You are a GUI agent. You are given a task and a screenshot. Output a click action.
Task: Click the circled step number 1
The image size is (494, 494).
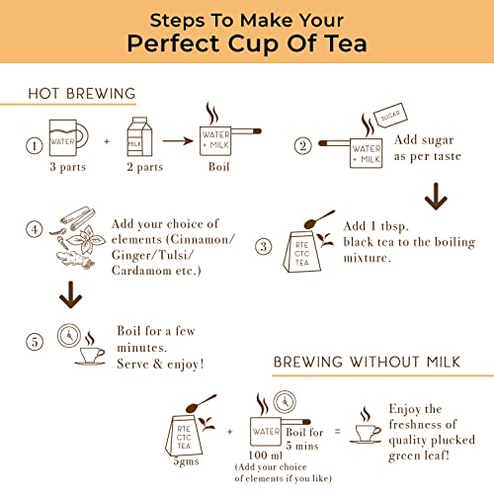click(35, 145)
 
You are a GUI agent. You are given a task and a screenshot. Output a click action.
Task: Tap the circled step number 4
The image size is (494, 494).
click(35, 229)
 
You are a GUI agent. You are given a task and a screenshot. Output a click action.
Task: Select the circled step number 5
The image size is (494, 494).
click(35, 342)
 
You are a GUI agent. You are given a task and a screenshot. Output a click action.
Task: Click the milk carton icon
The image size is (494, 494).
click(139, 136)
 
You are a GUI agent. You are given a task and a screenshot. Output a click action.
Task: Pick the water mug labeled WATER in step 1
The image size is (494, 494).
click(68, 137)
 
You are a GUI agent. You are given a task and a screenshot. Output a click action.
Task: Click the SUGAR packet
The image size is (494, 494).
click(390, 116)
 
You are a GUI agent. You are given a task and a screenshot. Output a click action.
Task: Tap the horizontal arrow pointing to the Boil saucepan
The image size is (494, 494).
click(178, 141)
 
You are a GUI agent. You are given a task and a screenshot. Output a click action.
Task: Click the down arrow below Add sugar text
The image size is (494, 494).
click(436, 197)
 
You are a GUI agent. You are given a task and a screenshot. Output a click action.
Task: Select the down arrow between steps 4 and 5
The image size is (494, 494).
click(70, 294)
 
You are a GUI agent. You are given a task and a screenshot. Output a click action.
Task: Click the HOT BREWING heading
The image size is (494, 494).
click(82, 94)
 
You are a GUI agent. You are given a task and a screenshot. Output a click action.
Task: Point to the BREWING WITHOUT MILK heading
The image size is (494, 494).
click(367, 362)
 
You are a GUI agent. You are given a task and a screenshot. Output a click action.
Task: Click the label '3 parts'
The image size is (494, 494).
click(68, 167)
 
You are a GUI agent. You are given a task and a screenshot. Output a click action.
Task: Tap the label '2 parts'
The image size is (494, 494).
click(145, 167)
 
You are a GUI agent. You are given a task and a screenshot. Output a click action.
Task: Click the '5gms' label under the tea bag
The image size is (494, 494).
click(187, 461)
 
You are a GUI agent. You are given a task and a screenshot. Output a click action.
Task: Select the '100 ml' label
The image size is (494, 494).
click(266, 455)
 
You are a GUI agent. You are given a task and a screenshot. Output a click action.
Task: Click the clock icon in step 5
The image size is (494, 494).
click(69, 335)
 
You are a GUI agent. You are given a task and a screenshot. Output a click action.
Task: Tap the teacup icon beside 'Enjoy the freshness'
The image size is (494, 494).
click(366, 425)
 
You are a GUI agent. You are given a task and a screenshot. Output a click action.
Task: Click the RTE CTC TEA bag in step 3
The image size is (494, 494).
click(302, 252)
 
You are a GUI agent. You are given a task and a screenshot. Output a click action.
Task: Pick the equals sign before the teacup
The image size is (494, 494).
click(337, 431)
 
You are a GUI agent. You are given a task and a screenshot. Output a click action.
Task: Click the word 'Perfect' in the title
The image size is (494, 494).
click(173, 43)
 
